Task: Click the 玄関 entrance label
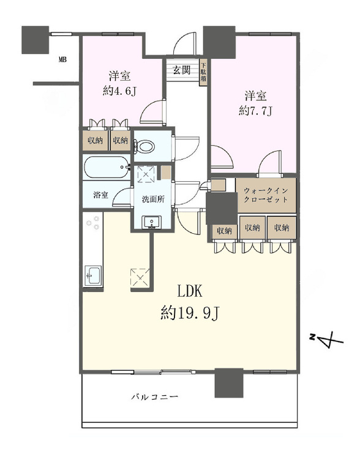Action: click(181, 70)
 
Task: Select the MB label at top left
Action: click(62, 60)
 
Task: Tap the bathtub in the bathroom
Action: click(107, 166)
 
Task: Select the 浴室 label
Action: click(101, 196)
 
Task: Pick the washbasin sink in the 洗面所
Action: click(151, 222)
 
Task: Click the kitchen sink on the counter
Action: click(93, 275)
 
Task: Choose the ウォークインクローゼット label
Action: click(264, 195)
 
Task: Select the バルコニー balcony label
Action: click(155, 397)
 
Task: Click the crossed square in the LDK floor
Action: click(138, 278)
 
